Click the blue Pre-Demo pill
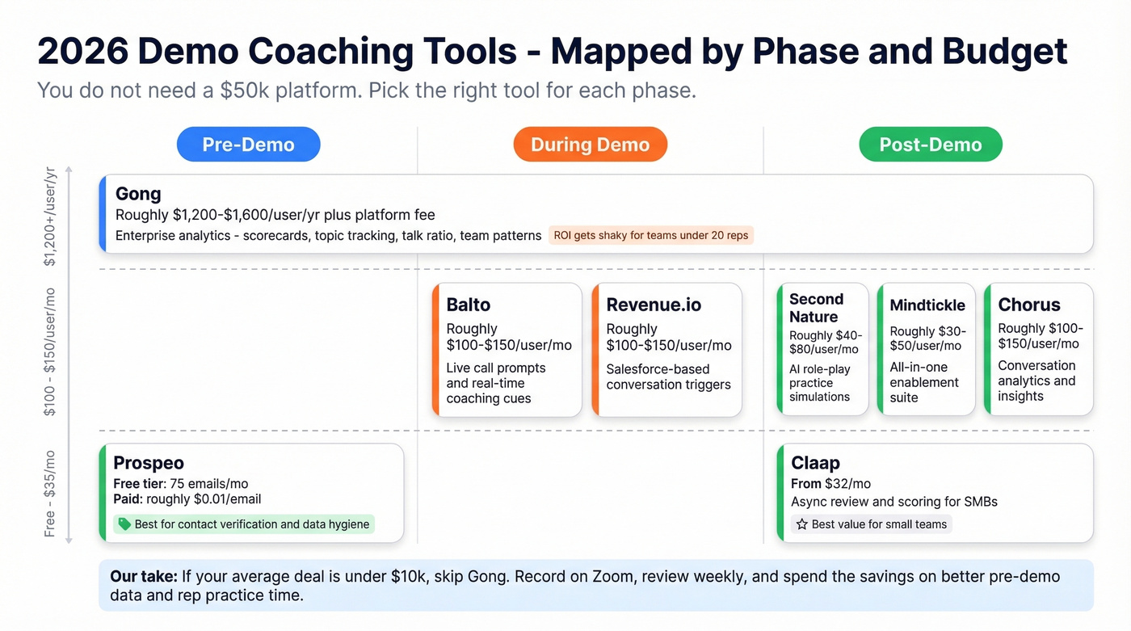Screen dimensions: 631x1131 [x=248, y=145]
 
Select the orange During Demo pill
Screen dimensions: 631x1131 [x=590, y=145]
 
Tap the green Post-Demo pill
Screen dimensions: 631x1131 [x=930, y=145]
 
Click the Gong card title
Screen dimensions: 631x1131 [x=138, y=194]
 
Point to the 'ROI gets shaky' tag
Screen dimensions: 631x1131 [x=650, y=236]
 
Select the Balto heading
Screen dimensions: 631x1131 [x=469, y=305]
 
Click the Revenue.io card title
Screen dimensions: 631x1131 [x=654, y=305]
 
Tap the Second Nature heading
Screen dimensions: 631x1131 [x=816, y=308]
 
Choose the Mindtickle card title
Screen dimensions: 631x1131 [x=927, y=305]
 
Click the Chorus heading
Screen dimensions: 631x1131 [x=1028, y=305]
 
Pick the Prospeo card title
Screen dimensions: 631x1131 [x=149, y=463]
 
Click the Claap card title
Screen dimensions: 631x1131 [x=815, y=463]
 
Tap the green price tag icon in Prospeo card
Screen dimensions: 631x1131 [x=124, y=524]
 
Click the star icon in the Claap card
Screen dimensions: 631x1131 [x=801, y=524]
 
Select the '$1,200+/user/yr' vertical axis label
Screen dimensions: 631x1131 [x=50, y=217]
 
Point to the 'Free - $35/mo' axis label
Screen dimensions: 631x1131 [x=50, y=493]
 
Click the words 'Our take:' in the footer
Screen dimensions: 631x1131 [x=143, y=577]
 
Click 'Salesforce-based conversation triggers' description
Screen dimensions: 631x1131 [x=668, y=376]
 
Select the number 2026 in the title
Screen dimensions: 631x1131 [x=82, y=51]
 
